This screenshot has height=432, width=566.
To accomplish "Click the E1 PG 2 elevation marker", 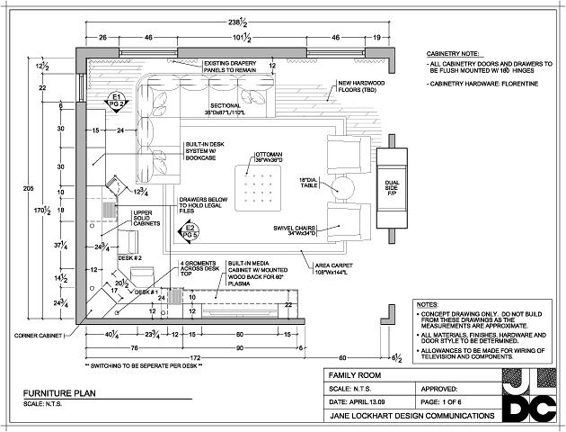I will pyautogui.click(x=115, y=100).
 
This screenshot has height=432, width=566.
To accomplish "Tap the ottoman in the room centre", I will pyautogui.click(x=258, y=187).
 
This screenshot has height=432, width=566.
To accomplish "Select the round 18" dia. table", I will pyautogui.click(x=342, y=186).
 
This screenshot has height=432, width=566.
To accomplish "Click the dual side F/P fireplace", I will pyautogui.click(x=393, y=186).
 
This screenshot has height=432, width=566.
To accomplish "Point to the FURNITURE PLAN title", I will pyautogui.click(x=59, y=392).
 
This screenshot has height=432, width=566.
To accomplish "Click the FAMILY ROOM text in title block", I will pyautogui.click(x=354, y=373).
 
